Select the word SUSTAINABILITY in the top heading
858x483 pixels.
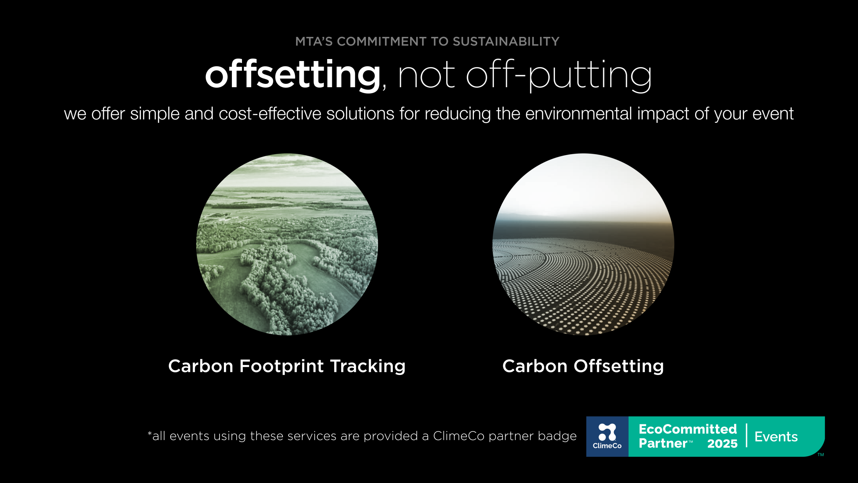point(506,42)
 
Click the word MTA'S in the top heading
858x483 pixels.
point(314,42)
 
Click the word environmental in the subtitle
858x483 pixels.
point(579,113)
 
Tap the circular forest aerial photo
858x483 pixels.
point(287,244)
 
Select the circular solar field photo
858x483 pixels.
point(583,244)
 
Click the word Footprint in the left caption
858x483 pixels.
point(282,366)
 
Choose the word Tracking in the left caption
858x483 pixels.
point(368,366)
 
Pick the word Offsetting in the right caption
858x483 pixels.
point(619,366)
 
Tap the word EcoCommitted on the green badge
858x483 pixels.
point(688,429)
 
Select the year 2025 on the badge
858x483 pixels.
point(722,444)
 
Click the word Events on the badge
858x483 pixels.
point(776,437)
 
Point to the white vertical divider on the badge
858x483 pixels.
point(746,435)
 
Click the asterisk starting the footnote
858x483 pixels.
point(150,434)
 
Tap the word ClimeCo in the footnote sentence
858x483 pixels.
point(458,436)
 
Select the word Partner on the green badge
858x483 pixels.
point(663,443)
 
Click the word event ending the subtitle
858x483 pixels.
point(773,113)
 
